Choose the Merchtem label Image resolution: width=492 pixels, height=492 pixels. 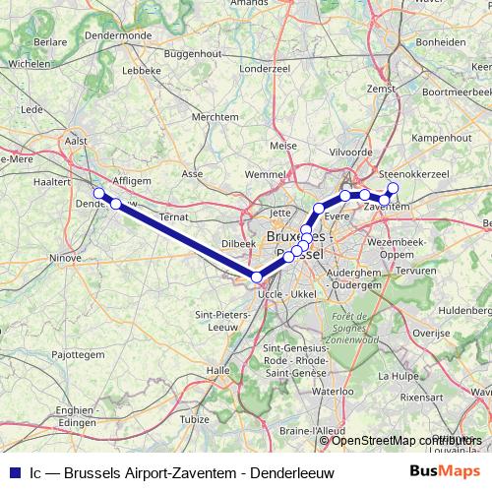(x=215, y=116)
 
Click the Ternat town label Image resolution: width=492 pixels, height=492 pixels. (x=173, y=215)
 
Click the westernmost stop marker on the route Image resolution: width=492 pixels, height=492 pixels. (x=98, y=194)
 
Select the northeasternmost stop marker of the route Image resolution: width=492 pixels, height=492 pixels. (x=394, y=187)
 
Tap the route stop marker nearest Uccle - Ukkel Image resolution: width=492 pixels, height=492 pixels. (x=257, y=277)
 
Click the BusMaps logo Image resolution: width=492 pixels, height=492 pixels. (x=445, y=472)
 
